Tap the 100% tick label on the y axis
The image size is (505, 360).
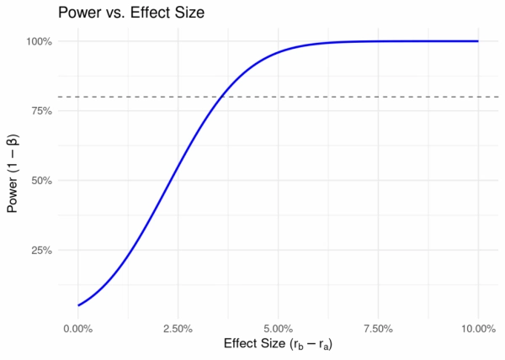pyautogui.click(x=39, y=41)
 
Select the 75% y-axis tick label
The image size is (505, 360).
pyautogui.click(x=40, y=111)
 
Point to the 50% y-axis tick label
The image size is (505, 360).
pyautogui.click(x=40, y=181)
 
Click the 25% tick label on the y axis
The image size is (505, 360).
pyautogui.click(x=40, y=251)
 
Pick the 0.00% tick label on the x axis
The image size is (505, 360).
pyautogui.click(x=78, y=329)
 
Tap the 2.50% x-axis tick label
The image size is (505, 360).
pyautogui.click(x=178, y=329)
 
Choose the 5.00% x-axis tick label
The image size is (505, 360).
pyautogui.click(x=279, y=329)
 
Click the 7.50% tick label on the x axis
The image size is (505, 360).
pyautogui.click(x=378, y=329)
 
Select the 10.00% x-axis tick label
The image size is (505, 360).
pyautogui.click(x=478, y=329)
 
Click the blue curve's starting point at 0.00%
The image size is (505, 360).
pyautogui.click(x=78, y=305)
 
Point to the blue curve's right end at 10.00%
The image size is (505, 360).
pyautogui.click(x=478, y=41)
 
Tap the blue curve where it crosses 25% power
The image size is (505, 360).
pyautogui.click(x=132, y=251)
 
